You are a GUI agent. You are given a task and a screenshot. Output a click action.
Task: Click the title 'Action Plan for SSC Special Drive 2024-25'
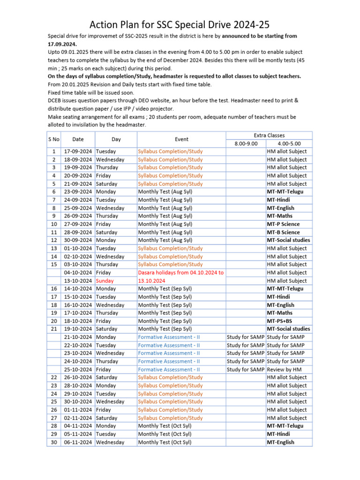pyautogui.click(x=180, y=24)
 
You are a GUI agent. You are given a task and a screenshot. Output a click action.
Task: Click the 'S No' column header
pyautogui.click(x=54, y=139)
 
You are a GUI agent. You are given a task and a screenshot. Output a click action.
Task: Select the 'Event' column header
pyautogui.click(x=181, y=139)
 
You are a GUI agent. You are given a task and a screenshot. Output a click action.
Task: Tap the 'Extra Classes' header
pyautogui.click(x=269, y=135)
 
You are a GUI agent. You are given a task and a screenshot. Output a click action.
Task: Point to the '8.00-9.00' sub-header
pyautogui.click(x=246, y=143)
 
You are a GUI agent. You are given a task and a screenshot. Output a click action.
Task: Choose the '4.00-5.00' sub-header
pyautogui.click(x=288, y=143)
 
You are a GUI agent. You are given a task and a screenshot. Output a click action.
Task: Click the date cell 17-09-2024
pyautogui.click(x=78, y=151)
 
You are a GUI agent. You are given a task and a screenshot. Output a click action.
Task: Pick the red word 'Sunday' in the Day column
pyautogui.click(x=105, y=281)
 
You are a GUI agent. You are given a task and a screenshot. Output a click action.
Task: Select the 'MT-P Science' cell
pyautogui.click(x=283, y=224)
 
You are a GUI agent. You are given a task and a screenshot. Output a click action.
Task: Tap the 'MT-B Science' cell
pyautogui.click(x=283, y=232)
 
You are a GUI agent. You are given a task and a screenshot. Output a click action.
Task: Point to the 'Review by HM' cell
pyautogui.click(x=284, y=369)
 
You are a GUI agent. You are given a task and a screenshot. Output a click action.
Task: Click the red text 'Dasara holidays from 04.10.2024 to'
pyautogui.click(x=181, y=272)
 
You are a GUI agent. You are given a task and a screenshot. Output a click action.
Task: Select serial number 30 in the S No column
pyautogui.click(x=54, y=442)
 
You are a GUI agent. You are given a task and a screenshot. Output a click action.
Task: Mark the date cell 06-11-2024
pyautogui.click(x=78, y=442)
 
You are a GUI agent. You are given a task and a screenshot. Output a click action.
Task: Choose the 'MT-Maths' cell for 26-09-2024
pyautogui.click(x=279, y=216)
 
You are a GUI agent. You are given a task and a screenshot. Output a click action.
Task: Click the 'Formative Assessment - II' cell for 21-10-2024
pyautogui.click(x=169, y=337)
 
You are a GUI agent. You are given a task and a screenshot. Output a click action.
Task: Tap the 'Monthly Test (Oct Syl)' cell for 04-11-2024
pyautogui.click(x=165, y=426)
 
